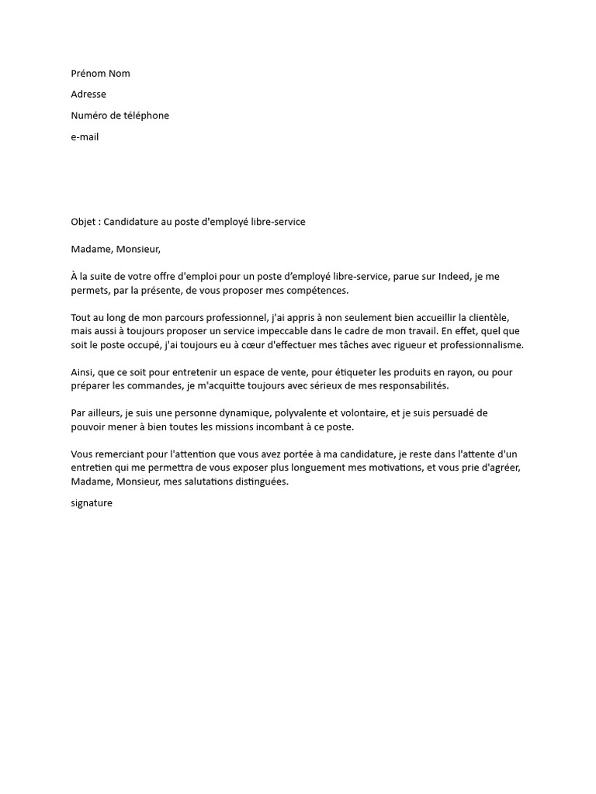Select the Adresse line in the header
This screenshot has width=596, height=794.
coord(88,95)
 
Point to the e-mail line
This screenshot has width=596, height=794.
coord(85,137)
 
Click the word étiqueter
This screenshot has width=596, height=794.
coord(334,372)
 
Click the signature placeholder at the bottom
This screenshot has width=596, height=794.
coord(92,503)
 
